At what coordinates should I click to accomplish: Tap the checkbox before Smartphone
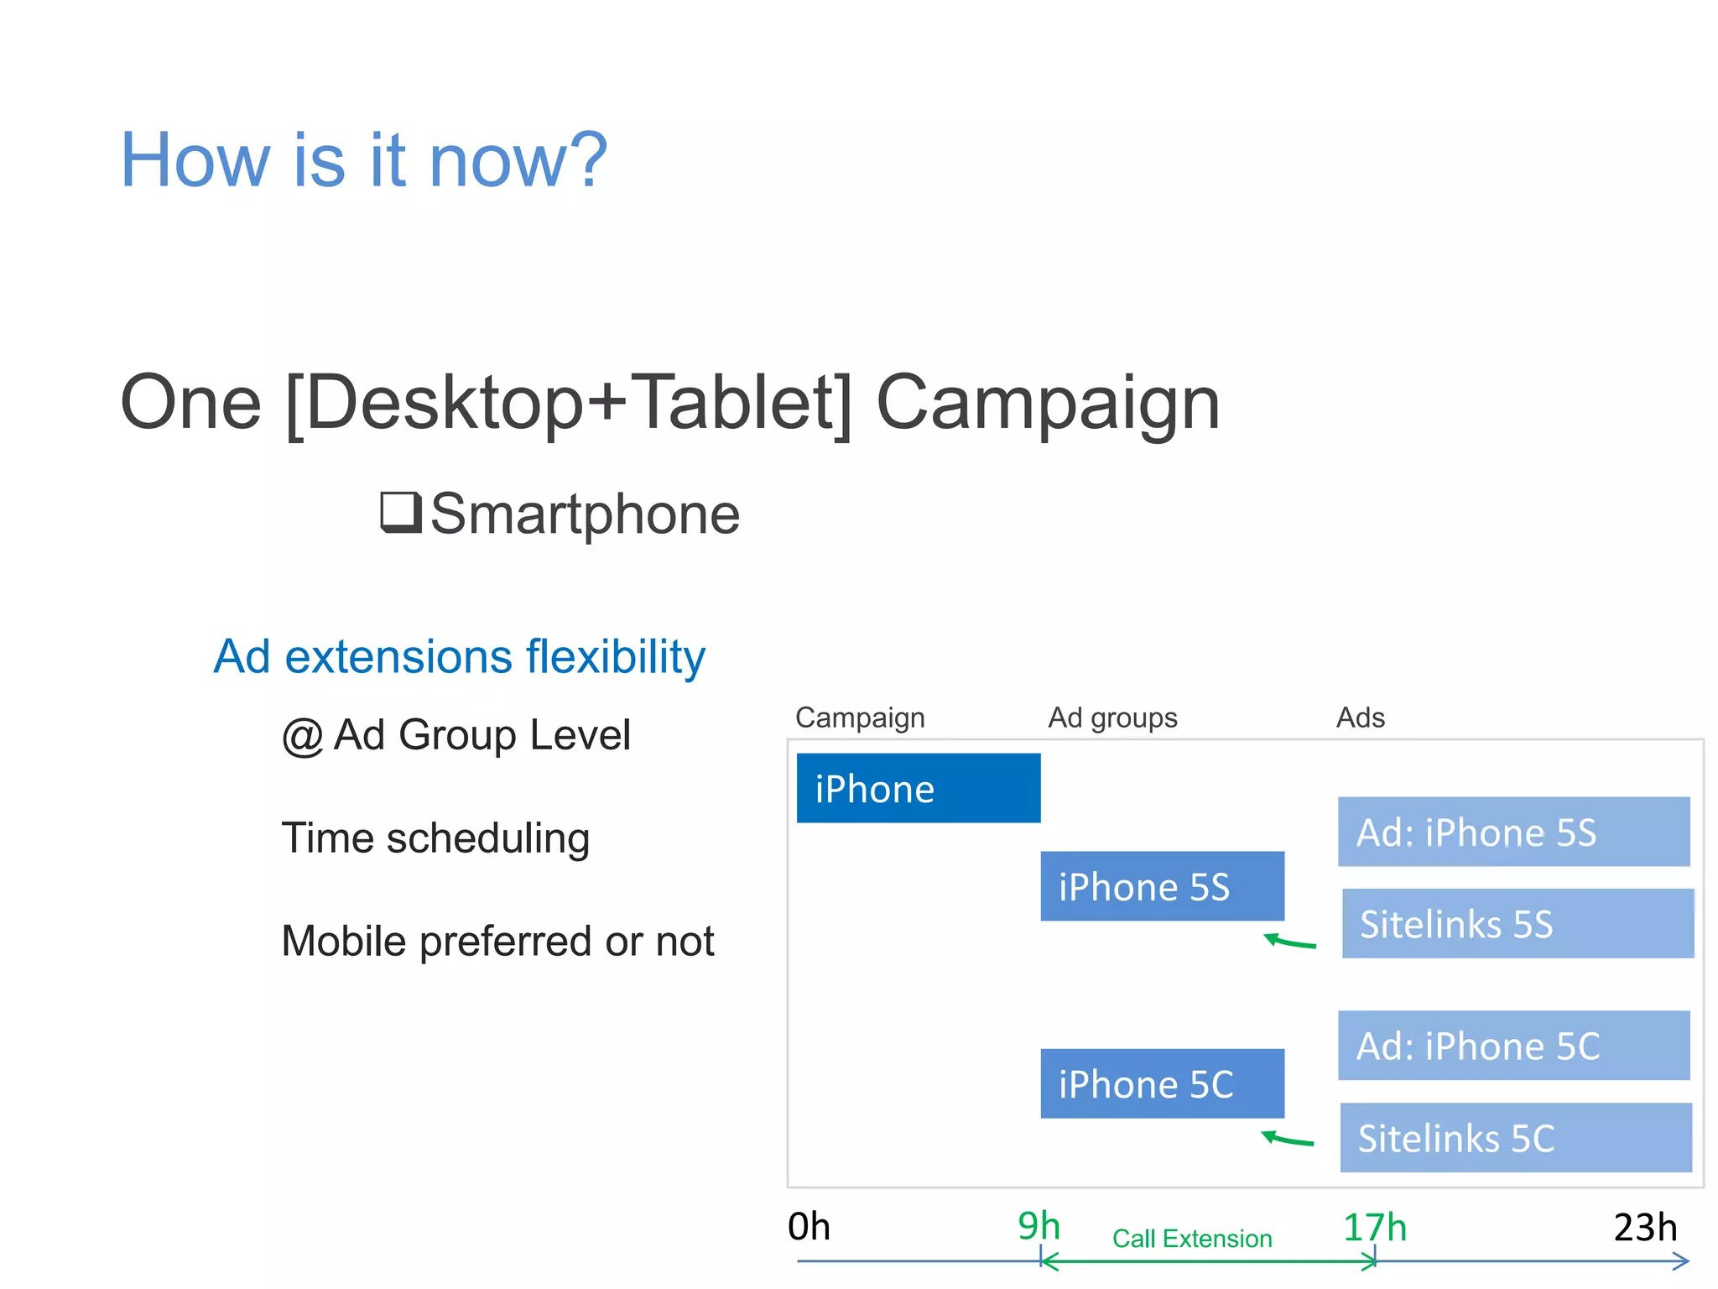(400, 512)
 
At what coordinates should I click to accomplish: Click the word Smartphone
(585, 514)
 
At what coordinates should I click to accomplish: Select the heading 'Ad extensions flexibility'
(459, 656)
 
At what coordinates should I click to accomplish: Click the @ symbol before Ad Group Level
(302, 736)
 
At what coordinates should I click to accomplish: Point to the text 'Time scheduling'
(435, 838)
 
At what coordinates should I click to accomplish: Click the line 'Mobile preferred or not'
(497, 941)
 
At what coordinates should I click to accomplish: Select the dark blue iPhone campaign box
(918, 788)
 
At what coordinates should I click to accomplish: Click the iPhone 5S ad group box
(1162, 886)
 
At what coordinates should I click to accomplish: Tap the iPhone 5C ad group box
(1162, 1083)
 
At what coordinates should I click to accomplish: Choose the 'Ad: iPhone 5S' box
(1513, 832)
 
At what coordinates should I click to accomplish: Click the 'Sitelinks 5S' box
(1517, 923)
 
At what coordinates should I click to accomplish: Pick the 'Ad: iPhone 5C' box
(1513, 1046)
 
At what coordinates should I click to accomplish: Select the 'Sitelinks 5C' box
(1515, 1138)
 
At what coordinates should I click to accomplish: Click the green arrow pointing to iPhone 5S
(1290, 942)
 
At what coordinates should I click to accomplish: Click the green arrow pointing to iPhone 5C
(1288, 1139)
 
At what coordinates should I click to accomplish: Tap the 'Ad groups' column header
(1112, 718)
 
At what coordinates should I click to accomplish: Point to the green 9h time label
(1039, 1226)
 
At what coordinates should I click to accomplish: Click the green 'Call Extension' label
(1192, 1239)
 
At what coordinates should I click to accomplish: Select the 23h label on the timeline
(1645, 1228)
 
